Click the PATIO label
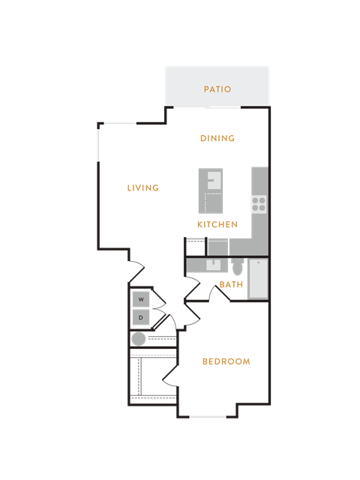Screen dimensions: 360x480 pyautogui.click(x=217, y=89)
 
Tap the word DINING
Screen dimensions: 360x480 pyautogui.click(x=217, y=138)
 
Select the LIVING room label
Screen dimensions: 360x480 pyautogui.click(x=143, y=187)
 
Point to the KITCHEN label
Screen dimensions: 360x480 pyautogui.click(x=217, y=224)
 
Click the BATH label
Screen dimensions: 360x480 pyautogui.click(x=232, y=284)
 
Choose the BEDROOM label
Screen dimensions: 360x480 pyautogui.click(x=226, y=361)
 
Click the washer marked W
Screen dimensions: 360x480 pyautogui.click(x=141, y=299)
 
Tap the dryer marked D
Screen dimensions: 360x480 pyautogui.click(x=141, y=317)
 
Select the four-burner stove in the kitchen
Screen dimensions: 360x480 pyautogui.click(x=259, y=204)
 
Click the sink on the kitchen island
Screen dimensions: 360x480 pyautogui.click(x=214, y=180)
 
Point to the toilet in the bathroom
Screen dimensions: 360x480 pyautogui.click(x=237, y=267)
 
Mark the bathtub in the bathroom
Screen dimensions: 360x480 pyautogui.click(x=258, y=278)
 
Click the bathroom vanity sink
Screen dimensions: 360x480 pyautogui.click(x=213, y=265)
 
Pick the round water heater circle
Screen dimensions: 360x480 pyautogui.click(x=138, y=339)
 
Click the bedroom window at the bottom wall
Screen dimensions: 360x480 pyautogui.click(x=208, y=417)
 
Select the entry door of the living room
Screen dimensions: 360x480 pyautogui.click(x=136, y=271)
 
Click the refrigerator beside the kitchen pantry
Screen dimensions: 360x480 pyautogui.click(x=218, y=247)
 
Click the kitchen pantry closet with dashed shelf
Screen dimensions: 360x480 pyautogui.click(x=196, y=247)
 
